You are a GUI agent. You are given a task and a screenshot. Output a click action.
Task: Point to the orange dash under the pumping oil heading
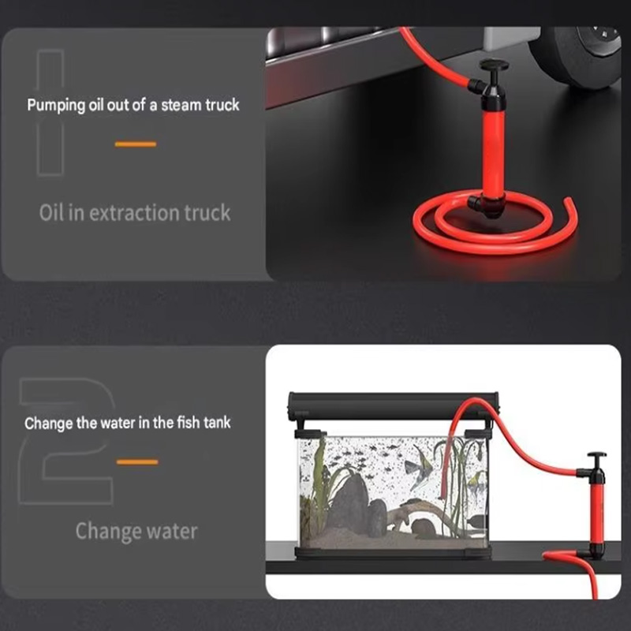(136, 144)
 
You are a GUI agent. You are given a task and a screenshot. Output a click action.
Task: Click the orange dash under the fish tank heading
(136, 461)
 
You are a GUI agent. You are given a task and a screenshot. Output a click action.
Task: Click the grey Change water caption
(136, 531)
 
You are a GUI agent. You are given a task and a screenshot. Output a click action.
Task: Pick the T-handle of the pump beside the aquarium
(596, 457)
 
